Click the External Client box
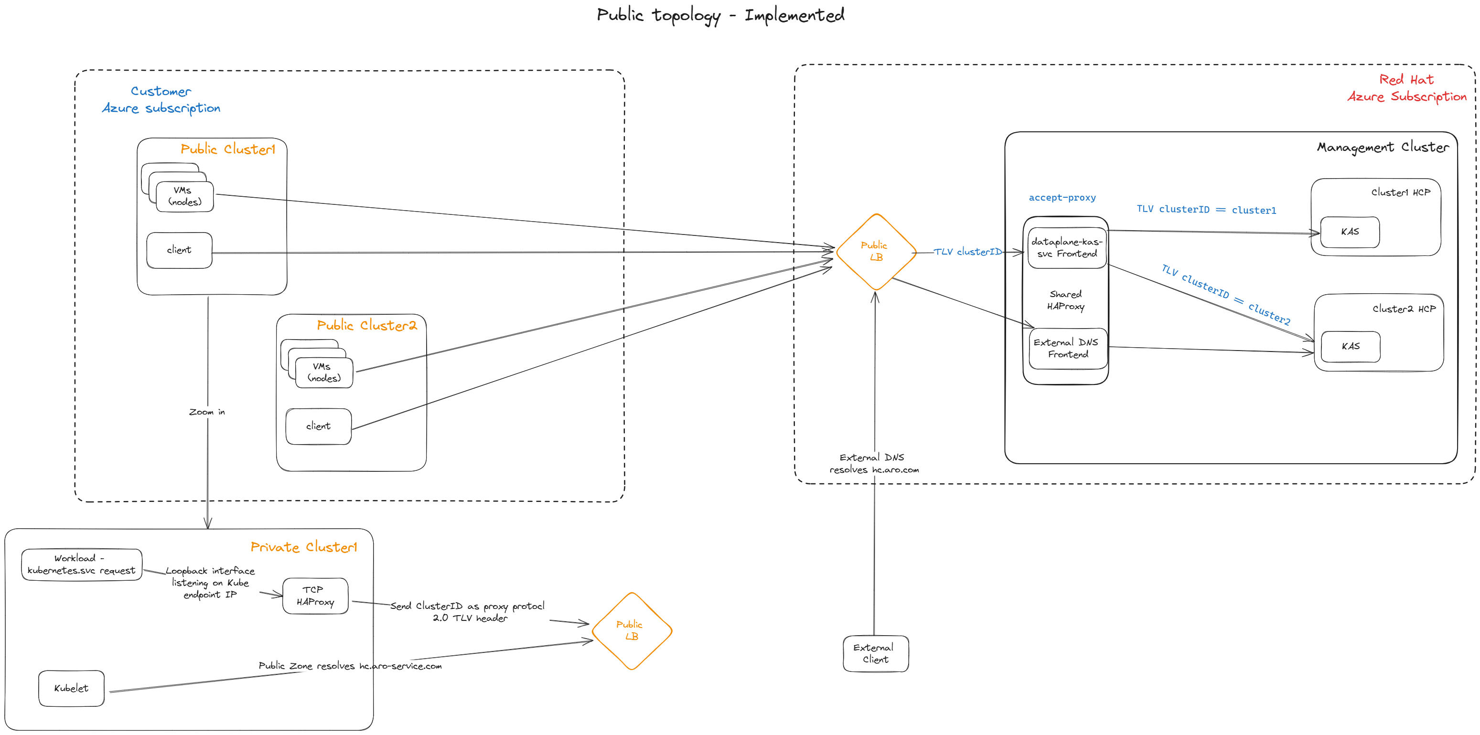875,653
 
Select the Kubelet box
71,688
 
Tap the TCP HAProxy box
315,596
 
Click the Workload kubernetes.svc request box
81,565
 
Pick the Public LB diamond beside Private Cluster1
632,630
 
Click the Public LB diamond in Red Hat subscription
876,252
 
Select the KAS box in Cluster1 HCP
1350,232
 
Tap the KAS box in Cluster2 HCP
1350,346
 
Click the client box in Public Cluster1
179,250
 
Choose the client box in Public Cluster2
318,426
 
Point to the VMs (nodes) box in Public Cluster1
184,196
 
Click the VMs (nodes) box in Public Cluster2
324,372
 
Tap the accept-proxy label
1062,198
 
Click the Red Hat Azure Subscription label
1406,88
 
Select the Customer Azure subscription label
161,99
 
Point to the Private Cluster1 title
303,547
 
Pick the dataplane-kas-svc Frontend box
1067,248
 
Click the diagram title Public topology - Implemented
720,15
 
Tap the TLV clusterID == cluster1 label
1206,210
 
